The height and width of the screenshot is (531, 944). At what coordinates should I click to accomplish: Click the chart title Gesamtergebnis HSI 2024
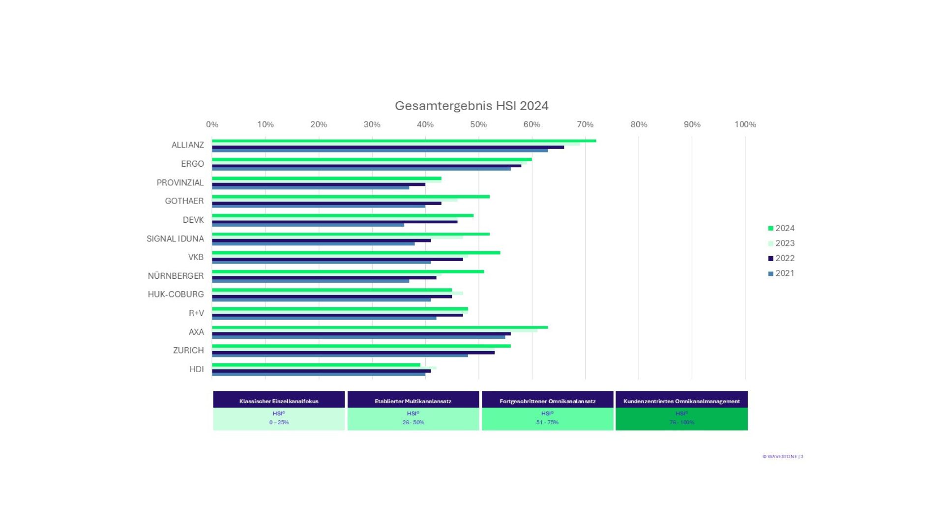point(471,106)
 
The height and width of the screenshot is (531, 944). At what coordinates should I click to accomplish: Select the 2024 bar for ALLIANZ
point(403,141)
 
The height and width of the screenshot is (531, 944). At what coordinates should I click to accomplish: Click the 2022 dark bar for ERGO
point(366,166)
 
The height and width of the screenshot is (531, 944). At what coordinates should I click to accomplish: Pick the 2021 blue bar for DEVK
point(308,225)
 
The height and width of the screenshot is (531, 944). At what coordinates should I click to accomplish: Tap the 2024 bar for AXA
point(380,327)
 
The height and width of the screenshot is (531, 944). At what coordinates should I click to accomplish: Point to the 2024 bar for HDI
point(316,365)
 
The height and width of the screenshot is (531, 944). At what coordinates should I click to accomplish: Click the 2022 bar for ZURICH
point(353,353)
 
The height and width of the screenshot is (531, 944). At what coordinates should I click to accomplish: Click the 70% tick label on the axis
point(585,124)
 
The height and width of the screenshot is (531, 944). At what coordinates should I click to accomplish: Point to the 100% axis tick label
point(745,124)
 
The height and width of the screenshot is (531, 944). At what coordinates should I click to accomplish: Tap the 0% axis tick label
point(212,124)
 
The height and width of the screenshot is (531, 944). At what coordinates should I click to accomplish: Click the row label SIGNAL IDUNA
point(175,238)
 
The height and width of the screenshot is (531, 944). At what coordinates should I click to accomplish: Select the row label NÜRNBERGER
point(176,276)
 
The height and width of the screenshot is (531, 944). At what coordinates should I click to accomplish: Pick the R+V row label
point(196,313)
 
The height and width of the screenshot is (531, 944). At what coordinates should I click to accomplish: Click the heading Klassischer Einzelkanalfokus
point(279,401)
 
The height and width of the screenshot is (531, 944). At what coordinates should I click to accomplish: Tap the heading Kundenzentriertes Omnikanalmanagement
point(681,401)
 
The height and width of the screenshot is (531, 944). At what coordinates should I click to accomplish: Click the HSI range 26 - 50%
point(413,422)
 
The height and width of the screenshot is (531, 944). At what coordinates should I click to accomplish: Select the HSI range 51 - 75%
point(547,422)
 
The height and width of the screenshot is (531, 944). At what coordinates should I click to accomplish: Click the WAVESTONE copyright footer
point(782,456)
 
